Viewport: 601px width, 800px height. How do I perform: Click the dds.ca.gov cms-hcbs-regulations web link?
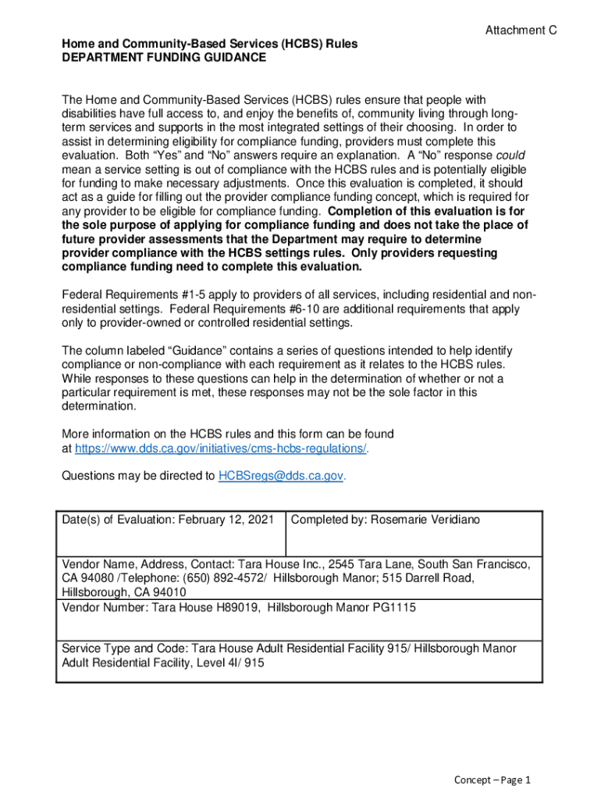pyautogui.click(x=220, y=448)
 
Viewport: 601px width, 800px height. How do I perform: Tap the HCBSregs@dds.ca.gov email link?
pyautogui.click(x=280, y=475)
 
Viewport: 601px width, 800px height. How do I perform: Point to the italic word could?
pyautogui.click(x=509, y=155)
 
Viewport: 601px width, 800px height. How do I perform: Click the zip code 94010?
pyautogui.click(x=169, y=592)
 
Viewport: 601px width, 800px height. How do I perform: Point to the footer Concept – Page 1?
pyautogui.click(x=493, y=780)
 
